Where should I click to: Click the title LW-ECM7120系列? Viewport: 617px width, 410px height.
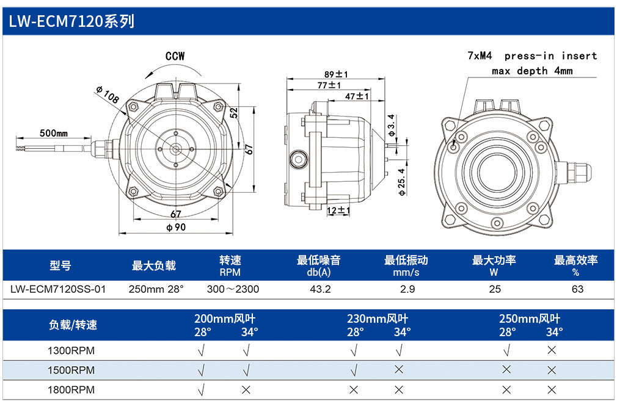(71, 21)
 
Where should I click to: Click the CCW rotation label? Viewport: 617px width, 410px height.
(175, 56)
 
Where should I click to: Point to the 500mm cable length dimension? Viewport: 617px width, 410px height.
(54, 133)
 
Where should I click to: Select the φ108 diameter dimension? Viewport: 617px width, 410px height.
(107, 95)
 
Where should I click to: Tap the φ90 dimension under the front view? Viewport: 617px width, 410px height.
(176, 227)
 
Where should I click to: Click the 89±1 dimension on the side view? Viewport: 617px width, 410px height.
(336, 74)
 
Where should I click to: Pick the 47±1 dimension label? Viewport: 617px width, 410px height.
(357, 96)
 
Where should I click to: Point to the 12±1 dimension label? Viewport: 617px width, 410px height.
(338, 210)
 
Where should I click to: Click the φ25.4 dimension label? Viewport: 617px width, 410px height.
(401, 182)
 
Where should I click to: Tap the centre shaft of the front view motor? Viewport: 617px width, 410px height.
(175, 149)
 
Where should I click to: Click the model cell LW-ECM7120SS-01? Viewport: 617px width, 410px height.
(58, 289)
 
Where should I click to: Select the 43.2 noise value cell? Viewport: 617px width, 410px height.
(320, 289)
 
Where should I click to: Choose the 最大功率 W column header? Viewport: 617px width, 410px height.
(494, 266)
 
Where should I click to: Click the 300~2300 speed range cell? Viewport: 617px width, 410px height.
(233, 289)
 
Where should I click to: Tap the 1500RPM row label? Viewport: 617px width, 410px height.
(71, 370)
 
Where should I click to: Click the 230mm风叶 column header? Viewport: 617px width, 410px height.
(378, 318)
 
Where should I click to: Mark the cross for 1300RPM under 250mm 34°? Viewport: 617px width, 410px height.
(552, 350)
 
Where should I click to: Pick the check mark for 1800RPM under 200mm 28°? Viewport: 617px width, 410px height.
(201, 390)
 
